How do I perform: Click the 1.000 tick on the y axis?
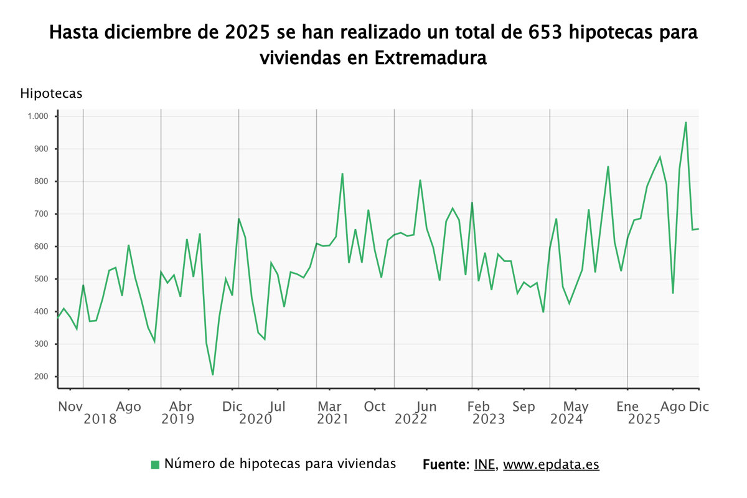(x=37, y=116)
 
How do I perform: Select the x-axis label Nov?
(x=70, y=406)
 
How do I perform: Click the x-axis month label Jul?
(x=278, y=406)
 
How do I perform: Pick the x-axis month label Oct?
(x=375, y=406)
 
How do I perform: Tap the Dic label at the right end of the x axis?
(x=698, y=406)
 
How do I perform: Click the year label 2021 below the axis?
(x=332, y=420)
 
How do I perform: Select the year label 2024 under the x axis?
(x=566, y=420)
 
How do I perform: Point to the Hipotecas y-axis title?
(x=51, y=93)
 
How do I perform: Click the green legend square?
(x=156, y=464)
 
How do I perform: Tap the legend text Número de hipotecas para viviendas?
(x=280, y=464)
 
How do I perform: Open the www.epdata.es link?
(x=551, y=464)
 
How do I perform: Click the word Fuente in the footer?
(x=444, y=464)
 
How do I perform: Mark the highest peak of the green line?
(x=685, y=123)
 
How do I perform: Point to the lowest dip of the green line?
(x=213, y=375)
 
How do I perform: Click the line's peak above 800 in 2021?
(x=342, y=174)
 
